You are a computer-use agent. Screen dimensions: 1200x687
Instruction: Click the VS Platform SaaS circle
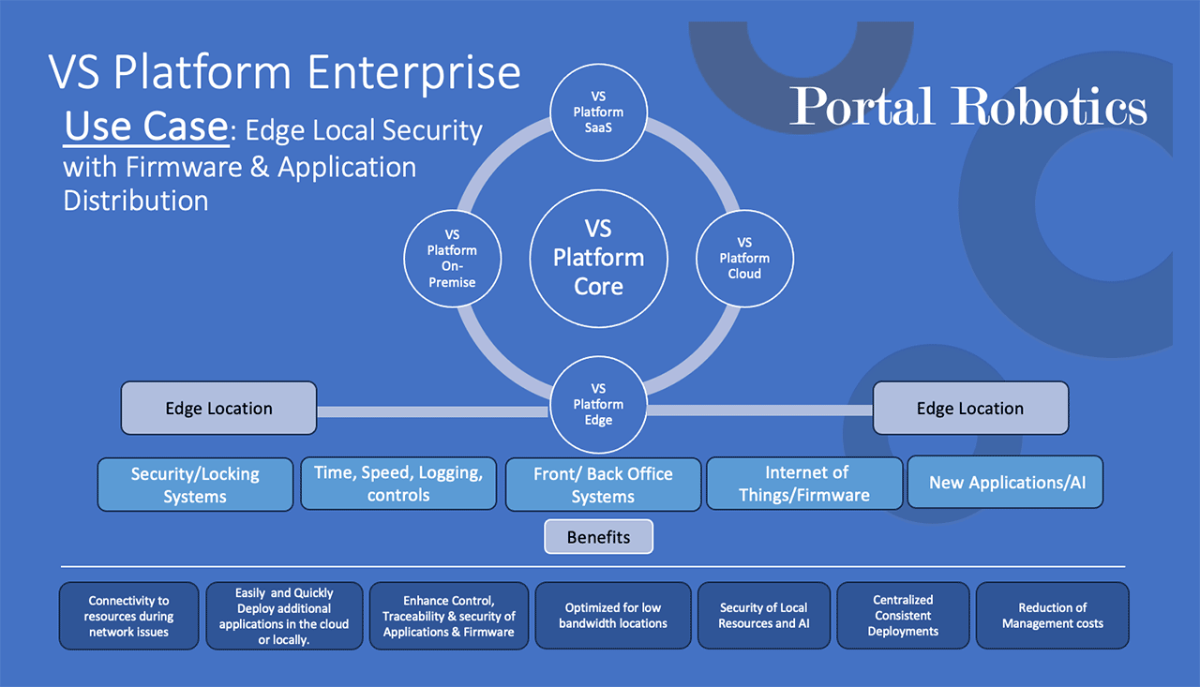pyautogui.click(x=598, y=112)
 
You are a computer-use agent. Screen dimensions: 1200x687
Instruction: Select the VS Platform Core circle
pyautogui.click(x=598, y=258)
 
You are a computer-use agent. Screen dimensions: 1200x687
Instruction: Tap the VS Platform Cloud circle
pyautogui.click(x=744, y=258)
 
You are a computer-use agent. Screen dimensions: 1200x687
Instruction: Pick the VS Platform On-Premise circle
pyautogui.click(x=452, y=258)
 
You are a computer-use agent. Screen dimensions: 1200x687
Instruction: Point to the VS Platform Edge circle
pyautogui.click(x=598, y=404)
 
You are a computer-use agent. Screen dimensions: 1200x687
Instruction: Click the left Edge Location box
pyautogui.click(x=218, y=408)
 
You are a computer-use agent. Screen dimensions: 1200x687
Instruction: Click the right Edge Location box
pyautogui.click(x=970, y=408)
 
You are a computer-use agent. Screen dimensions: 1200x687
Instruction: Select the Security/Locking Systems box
pyautogui.click(x=195, y=485)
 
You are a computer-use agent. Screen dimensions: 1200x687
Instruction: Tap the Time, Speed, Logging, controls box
pyautogui.click(x=398, y=484)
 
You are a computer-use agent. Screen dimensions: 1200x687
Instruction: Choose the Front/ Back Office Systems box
pyautogui.click(x=603, y=485)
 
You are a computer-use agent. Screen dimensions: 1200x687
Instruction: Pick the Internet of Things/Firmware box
pyautogui.click(x=804, y=484)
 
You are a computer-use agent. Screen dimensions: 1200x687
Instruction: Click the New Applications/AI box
pyautogui.click(x=1005, y=482)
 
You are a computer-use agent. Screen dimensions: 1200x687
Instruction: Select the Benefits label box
pyautogui.click(x=598, y=536)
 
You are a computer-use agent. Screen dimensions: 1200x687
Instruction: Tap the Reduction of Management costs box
pyautogui.click(x=1052, y=615)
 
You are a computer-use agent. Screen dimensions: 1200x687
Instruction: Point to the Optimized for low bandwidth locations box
pyautogui.click(x=613, y=615)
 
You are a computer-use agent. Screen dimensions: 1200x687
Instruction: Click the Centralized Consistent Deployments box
pyautogui.click(x=903, y=615)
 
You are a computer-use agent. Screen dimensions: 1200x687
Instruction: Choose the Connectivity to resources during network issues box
pyautogui.click(x=128, y=616)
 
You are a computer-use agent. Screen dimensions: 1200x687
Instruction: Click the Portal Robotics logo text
pyautogui.click(x=968, y=106)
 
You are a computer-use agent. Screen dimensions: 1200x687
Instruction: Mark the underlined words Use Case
pyautogui.click(x=146, y=127)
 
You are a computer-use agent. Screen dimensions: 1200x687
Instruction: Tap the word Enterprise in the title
pyautogui.click(x=413, y=72)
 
